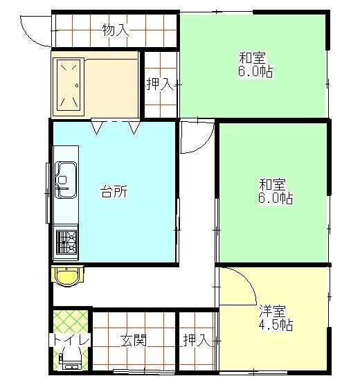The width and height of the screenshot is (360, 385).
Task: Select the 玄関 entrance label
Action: pyautogui.click(x=133, y=340)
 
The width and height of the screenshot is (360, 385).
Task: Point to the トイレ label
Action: pyautogui.click(x=70, y=340)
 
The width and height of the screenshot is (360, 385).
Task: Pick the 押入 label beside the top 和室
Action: pyautogui.click(x=159, y=84)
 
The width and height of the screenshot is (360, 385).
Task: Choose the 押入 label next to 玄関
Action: pyautogui.click(x=196, y=340)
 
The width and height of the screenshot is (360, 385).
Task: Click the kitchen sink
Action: pyautogui.click(x=66, y=179)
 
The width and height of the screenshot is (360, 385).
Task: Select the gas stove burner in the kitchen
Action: pyautogui.click(x=67, y=242)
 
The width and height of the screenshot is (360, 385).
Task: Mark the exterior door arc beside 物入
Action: pyautogui.click(x=35, y=31)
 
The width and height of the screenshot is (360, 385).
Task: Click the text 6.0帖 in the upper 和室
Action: pyautogui.click(x=253, y=71)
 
